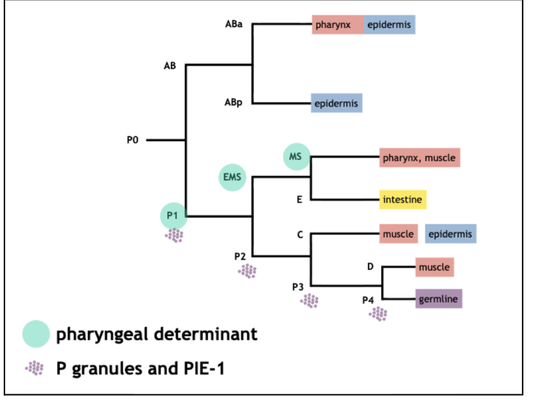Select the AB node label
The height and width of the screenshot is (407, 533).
170,66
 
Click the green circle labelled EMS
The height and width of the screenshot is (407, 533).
232,178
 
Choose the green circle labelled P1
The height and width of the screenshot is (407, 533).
172,216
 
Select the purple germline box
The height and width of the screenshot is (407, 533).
438,299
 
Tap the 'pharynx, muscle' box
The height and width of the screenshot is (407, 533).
419,158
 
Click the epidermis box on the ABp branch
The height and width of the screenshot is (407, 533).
337,104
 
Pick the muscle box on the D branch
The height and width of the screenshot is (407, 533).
434,266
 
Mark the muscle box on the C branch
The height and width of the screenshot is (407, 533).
398,235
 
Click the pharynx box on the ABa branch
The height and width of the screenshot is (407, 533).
337,24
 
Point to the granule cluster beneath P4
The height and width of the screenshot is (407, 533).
378,314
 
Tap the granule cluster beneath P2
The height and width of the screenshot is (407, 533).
247,271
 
